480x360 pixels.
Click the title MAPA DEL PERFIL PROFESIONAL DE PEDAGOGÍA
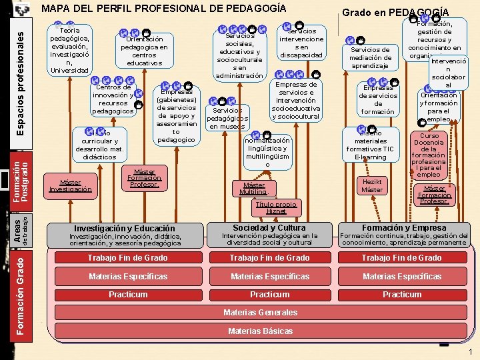pos(163,9)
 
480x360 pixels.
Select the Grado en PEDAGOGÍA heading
pos(395,12)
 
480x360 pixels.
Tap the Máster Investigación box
pos(70,186)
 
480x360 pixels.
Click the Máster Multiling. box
pos(253,189)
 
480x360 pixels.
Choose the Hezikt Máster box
pos(372,186)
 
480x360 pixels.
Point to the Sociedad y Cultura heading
pos(269,228)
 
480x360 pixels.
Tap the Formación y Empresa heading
pos(404,228)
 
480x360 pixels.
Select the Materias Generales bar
pos(260,313)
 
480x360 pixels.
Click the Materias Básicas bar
pos(260,331)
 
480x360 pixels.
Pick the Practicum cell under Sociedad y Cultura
pos(269,295)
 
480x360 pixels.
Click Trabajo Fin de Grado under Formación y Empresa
pos(401,258)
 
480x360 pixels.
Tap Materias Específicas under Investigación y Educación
pos(128,277)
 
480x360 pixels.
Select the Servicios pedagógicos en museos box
pos(228,117)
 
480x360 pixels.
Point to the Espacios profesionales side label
pos(21,73)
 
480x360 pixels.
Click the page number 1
pos(471,351)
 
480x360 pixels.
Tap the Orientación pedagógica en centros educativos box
pos(145,51)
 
